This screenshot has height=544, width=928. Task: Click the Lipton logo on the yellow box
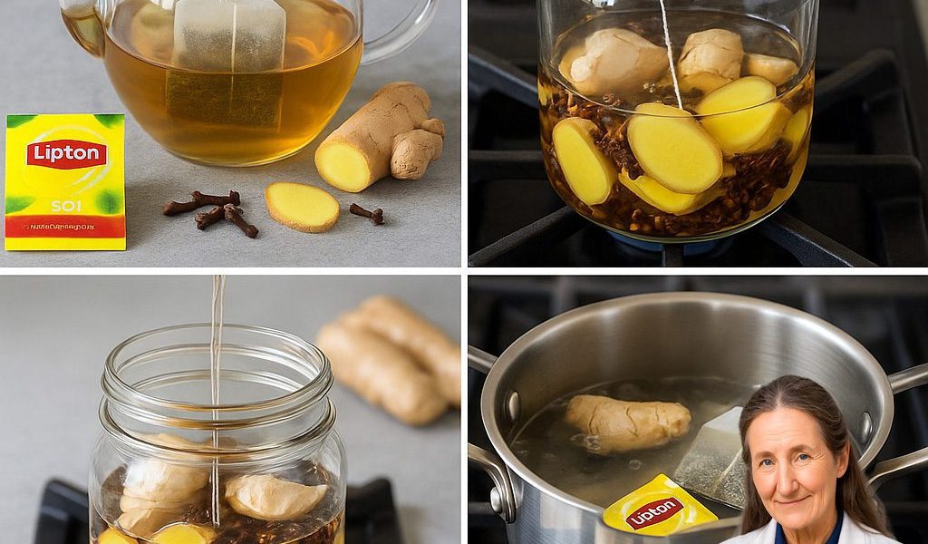coord(66,154)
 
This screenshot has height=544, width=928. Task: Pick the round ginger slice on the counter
coord(302,207)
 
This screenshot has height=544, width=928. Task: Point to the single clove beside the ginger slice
coord(367,214)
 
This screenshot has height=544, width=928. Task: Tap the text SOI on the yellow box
coord(65,206)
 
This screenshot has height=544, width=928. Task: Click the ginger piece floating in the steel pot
coord(627,423)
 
